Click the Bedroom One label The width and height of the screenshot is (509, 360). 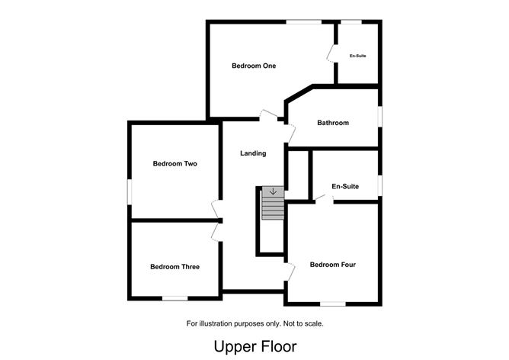(x=254, y=66)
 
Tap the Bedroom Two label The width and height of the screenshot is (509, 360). (x=175, y=163)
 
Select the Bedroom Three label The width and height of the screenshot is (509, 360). (x=175, y=267)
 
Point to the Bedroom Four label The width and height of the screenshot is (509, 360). (x=333, y=265)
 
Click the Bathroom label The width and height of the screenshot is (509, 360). (x=333, y=123)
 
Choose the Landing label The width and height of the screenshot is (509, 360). (x=253, y=153)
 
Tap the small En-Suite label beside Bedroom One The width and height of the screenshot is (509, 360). (x=357, y=56)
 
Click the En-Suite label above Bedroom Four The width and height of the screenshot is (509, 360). (x=345, y=186)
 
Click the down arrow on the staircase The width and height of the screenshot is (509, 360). (x=273, y=191)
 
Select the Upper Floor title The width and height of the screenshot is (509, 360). (x=255, y=346)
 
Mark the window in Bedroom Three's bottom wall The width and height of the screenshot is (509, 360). (x=175, y=298)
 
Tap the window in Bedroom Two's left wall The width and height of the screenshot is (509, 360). (x=130, y=192)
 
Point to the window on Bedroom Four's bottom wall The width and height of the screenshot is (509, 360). (x=333, y=304)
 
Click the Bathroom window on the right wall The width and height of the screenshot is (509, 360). (x=380, y=117)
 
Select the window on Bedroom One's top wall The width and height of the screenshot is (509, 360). (x=304, y=22)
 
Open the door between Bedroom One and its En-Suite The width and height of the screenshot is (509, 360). (x=331, y=53)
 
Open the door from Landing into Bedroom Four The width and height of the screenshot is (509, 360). (x=290, y=272)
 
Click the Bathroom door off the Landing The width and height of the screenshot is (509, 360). (x=291, y=133)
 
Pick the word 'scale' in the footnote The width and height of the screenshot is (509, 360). (x=314, y=323)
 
